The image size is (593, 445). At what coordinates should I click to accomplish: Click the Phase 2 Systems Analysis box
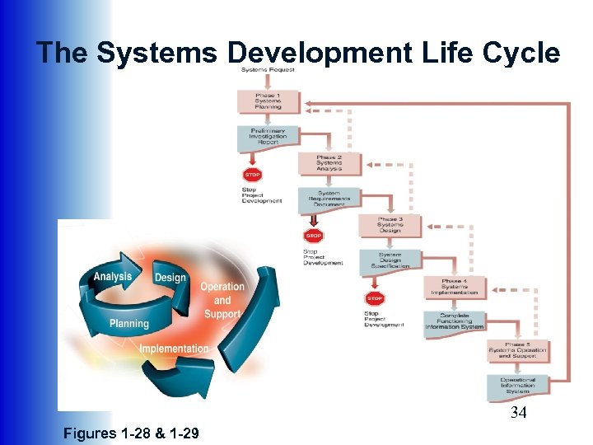click(330, 162)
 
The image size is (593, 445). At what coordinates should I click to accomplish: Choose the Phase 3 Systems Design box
click(390, 225)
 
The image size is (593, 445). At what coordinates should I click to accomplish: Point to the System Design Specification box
click(390, 261)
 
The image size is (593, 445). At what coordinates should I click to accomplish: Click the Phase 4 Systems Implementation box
click(454, 287)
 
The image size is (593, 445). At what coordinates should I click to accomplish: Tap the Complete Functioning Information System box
click(454, 321)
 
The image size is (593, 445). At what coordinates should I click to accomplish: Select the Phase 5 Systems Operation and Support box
click(516, 349)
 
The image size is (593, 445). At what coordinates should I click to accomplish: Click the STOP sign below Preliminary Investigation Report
click(252, 175)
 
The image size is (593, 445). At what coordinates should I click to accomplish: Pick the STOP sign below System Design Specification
click(375, 298)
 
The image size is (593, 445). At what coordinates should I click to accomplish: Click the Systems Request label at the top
click(268, 69)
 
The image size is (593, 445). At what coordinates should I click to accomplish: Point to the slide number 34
click(518, 412)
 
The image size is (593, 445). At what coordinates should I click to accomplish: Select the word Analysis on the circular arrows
click(113, 277)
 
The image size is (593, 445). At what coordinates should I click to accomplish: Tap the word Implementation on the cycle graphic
click(174, 349)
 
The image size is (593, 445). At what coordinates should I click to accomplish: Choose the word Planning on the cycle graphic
click(128, 323)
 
